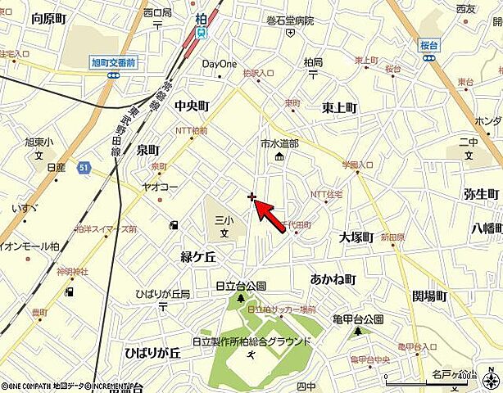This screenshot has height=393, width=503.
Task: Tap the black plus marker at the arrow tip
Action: point(252,196)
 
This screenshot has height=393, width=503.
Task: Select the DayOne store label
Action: point(219,63)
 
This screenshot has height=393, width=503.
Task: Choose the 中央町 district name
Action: point(192,106)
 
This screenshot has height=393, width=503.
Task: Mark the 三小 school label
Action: point(219,220)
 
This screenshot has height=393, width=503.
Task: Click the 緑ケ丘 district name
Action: point(197,256)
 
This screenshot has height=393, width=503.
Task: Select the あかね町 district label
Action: point(333,279)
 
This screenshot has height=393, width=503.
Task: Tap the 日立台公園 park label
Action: point(241,286)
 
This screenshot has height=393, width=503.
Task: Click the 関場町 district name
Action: point(429,295)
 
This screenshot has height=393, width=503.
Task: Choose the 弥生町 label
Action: point(481,194)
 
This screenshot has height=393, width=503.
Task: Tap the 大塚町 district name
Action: point(356,237)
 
